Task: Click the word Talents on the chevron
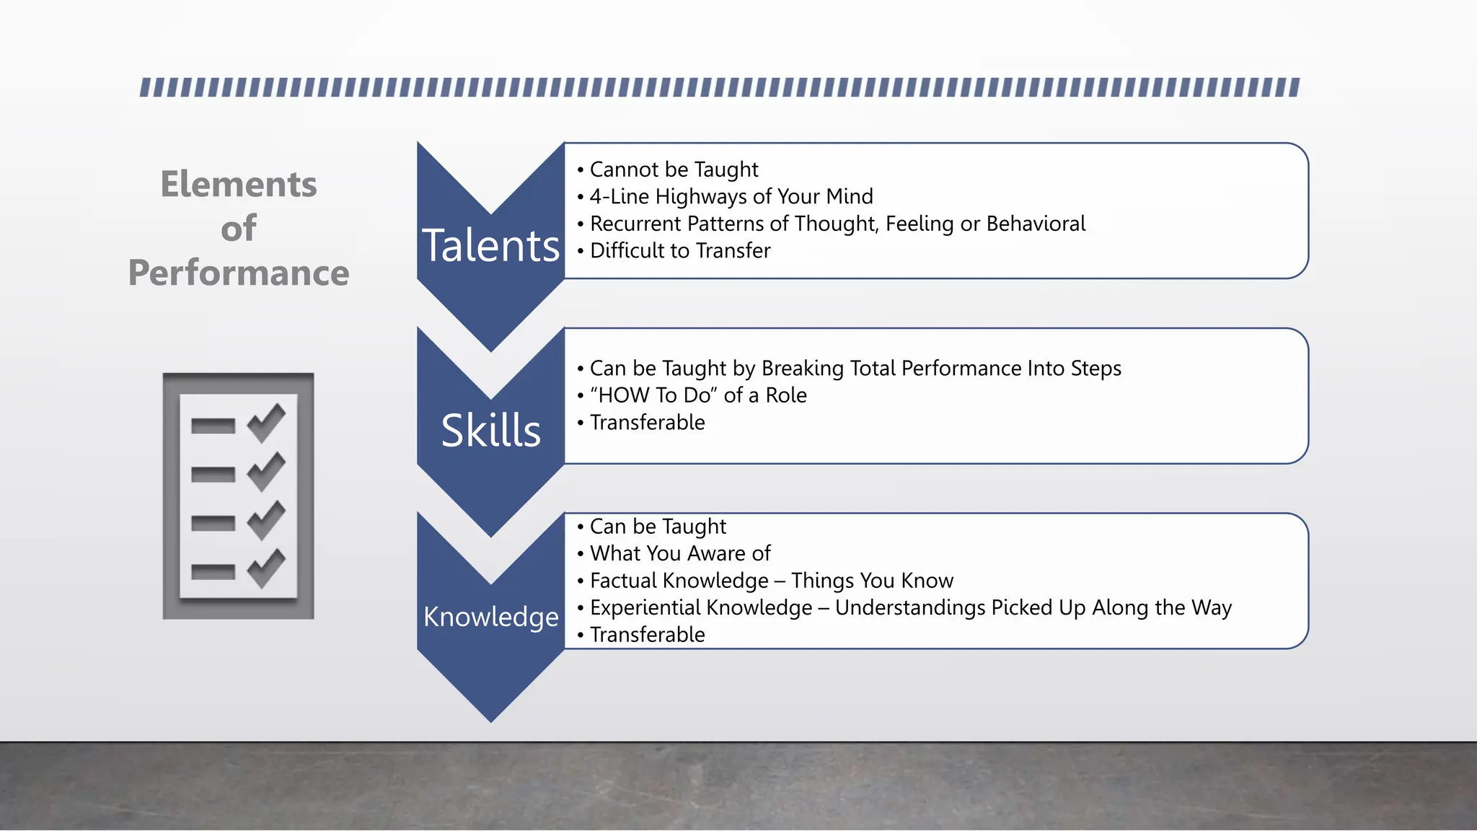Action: coord(490,246)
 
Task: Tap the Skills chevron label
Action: coord(490,431)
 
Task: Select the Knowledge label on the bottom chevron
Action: coord(490,617)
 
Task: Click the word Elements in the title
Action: coord(239,184)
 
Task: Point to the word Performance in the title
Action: coord(239,273)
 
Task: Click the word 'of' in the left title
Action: coord(239,229)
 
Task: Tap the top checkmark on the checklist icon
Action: coord(266,423)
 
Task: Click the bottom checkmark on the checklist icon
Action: coord(266,568)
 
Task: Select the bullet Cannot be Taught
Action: coord(674,170)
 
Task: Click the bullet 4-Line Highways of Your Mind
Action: coord(731,196)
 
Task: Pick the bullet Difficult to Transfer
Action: coord(679,250)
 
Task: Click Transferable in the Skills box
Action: coord(647,422)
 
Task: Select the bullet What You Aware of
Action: coord(679,553)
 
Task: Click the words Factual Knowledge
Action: coord(679,581)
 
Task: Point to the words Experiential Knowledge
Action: coord(701,607)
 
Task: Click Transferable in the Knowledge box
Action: coord(647,635)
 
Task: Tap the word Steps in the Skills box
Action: coord(1095,369)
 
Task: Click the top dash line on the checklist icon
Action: coord(213,426)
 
